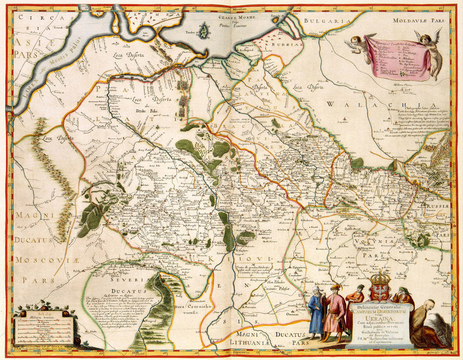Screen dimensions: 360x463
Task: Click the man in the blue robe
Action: point(316,312)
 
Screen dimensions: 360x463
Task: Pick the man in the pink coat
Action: point(334,312)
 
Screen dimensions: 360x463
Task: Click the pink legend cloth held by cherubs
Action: point(397,58)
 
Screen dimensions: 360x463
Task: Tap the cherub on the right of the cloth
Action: point(430,50)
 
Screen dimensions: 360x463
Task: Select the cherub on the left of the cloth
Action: point(360,47)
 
